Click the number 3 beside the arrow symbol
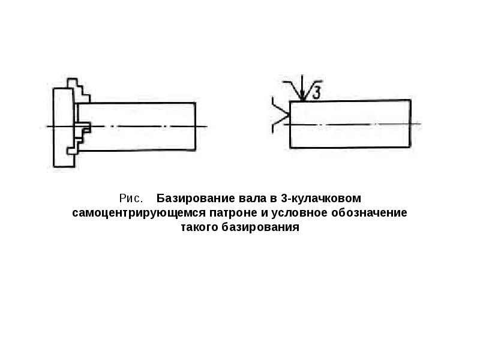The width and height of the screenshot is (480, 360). pyautogui.click(x=318, y=92)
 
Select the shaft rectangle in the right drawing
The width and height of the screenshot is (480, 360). pyautogui.click(x=350, y=124)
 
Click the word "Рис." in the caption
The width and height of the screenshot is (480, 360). pyautogui.click(x=130, y=198)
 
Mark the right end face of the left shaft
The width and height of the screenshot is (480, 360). pyautogui.click(x=197, y=126)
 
